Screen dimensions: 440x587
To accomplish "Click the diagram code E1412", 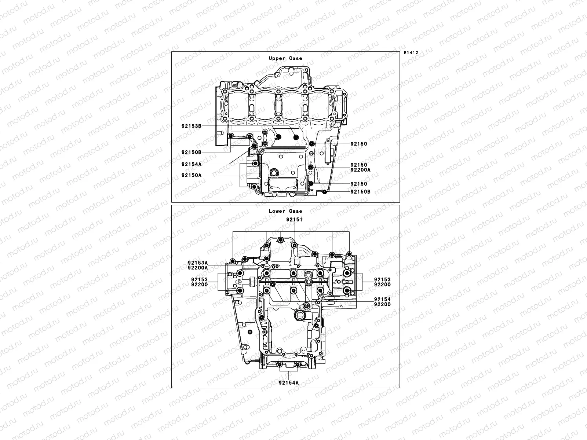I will [x=411, y=53].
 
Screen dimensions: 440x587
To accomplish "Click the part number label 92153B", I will [x=192, y=126].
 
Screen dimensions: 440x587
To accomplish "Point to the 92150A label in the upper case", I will [x=192, y=175].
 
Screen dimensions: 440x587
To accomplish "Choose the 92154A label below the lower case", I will [x=288, y=382].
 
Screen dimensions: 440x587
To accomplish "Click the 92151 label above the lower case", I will [x=295, y=219].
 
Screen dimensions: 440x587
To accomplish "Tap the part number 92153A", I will [x=198, y=263].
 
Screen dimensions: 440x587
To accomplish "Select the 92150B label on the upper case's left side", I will [x=192, y=152].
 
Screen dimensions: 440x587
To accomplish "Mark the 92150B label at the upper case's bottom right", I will [x=360, y=192].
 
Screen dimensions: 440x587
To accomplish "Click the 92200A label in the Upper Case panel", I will [x=360, y=170].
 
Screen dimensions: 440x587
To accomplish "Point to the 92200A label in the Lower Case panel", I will [x=198, y=268].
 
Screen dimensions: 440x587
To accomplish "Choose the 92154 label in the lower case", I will [x=382, y=300].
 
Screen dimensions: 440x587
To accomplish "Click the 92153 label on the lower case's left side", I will [x=200, y=279].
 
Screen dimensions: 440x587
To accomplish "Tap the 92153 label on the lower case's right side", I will [x=382, y=279].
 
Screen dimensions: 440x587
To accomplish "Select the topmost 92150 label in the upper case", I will [x=358, y=144].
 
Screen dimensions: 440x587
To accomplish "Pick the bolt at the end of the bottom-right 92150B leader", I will [x=324, y=192].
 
